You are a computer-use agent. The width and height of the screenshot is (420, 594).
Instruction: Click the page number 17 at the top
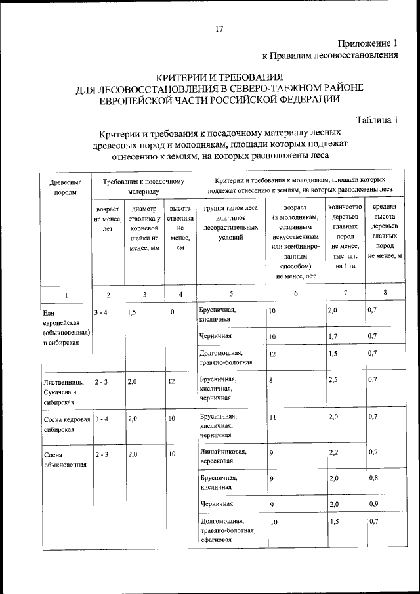pyautogui.click(x=219, y=28)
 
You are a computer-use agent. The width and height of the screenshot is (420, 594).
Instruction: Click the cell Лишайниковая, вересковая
pyautogui.click(x=223, y=457)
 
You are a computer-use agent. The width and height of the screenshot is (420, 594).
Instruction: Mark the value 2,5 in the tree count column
pyautogui.click(x=335, y=379)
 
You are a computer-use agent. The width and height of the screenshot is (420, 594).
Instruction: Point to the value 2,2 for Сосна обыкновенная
pyautogui.click(x=335, y=452)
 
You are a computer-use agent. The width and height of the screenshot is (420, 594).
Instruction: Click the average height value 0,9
pyautogui.click(x=373, y=504)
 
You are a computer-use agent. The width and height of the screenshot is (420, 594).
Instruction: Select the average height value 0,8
pyautogui.click(x=373, y=478)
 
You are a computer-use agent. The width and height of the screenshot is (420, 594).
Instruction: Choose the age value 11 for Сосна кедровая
pyautogui.click(x=273, y=417)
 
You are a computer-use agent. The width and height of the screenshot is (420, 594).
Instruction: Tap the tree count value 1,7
pyautogui.click(x=335, y=337)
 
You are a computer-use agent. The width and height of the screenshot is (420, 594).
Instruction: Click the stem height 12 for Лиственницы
pyautogui.click(x=171, y=380)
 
